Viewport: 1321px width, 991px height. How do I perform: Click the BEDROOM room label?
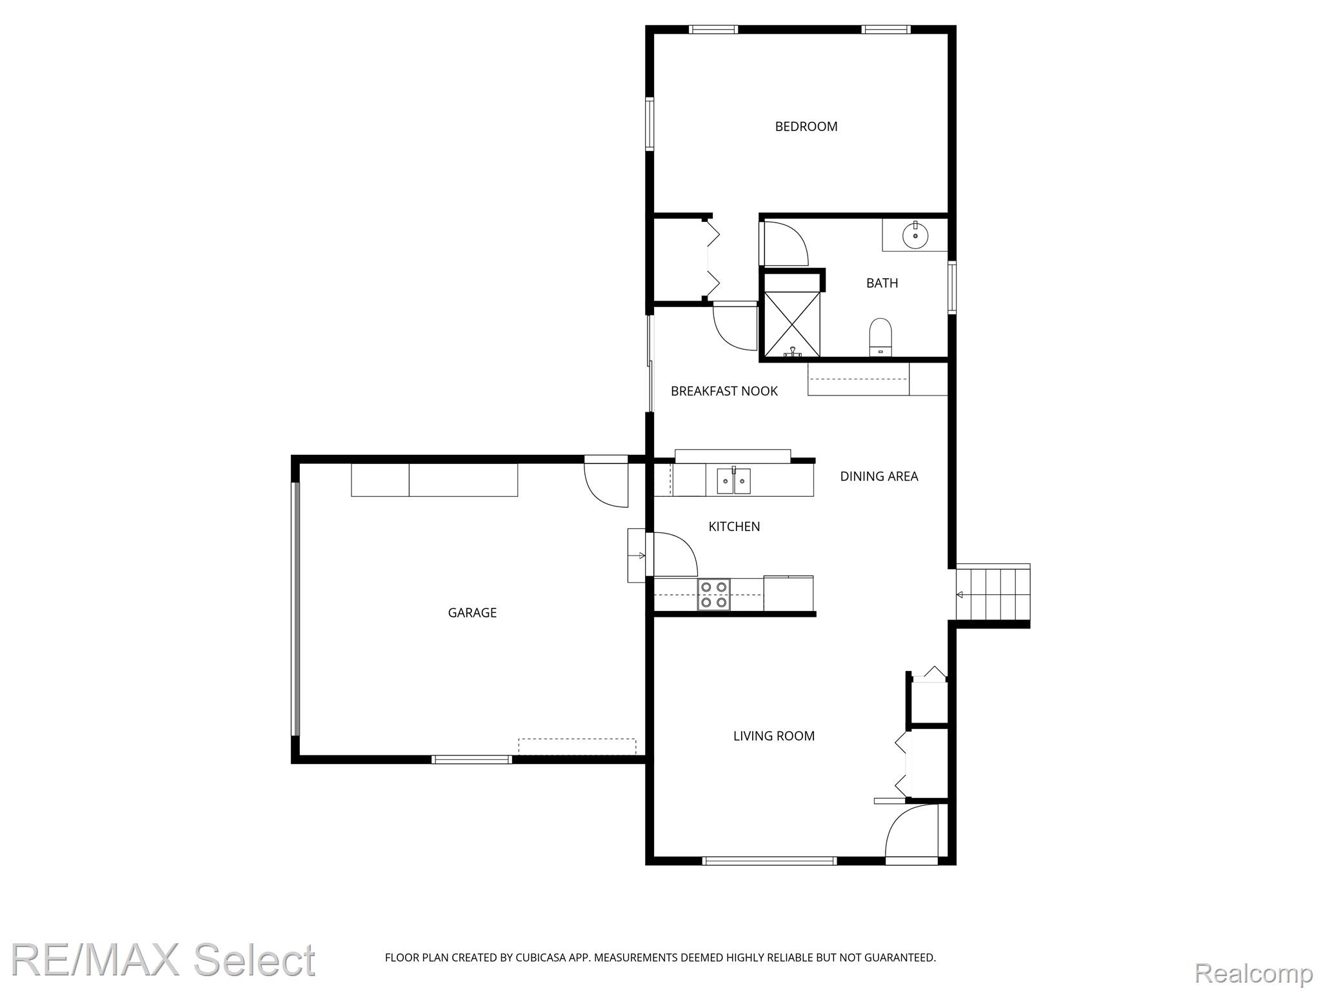[x=806, y=126]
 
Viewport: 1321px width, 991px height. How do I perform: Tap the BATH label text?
[x=882, y=283]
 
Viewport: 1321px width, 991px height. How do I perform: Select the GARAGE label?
[x=472, y=612]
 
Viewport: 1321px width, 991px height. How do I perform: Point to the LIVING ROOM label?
[x=773, y=736]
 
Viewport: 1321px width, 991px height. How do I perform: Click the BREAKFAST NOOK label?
[x=724, y=391]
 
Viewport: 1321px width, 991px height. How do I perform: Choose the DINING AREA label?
[x=879, y=476]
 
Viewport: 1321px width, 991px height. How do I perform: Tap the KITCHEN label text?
[x=734, y=526]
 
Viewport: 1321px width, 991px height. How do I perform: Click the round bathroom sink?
[x=915, y=235]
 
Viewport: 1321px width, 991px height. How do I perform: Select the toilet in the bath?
[x=880, y=337]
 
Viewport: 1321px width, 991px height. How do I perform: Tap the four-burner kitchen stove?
[x=713, y=594]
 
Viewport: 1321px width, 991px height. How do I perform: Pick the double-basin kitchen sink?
[x=733, y=481]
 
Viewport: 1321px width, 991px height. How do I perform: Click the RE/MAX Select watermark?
[x=163, y=959]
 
